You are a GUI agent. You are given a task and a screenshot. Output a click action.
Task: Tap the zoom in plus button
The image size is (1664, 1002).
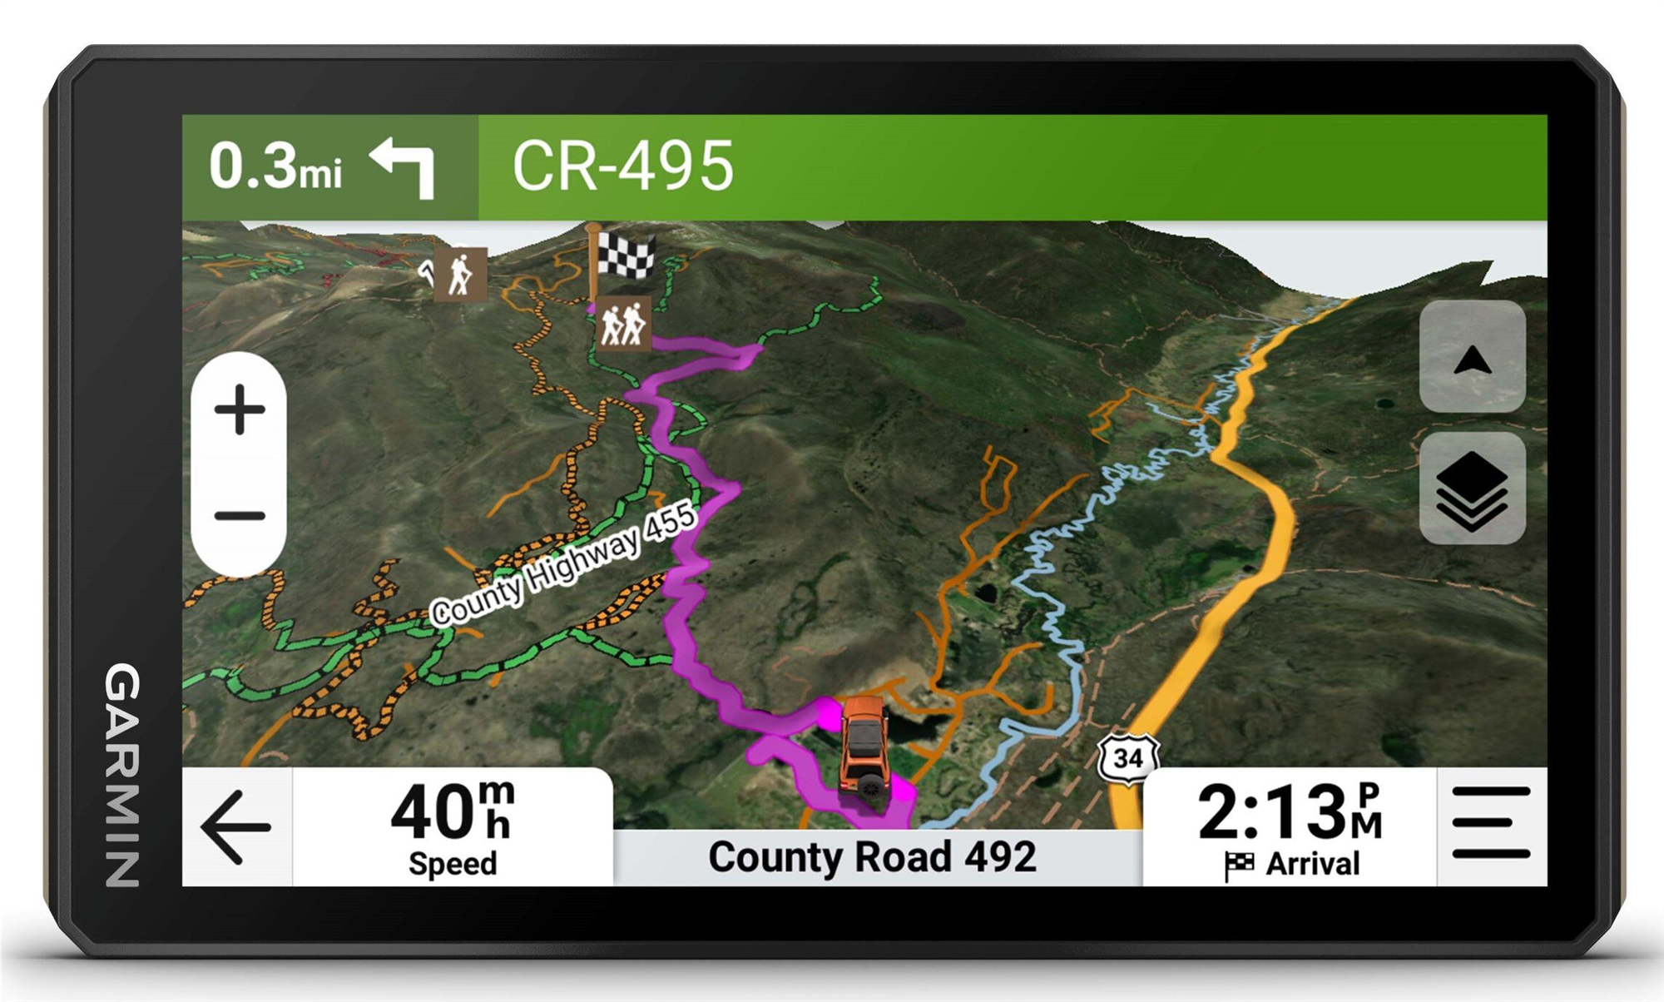tap(240, 409)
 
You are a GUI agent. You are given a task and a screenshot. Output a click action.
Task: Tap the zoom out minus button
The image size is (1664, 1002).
tap(240, 516)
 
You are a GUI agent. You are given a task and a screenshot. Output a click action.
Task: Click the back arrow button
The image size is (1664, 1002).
tap(235, 826)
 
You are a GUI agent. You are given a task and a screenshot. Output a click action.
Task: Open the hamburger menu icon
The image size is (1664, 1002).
tap(1491, 823)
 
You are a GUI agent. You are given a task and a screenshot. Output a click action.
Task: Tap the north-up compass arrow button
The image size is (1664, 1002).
tap(1472, 360)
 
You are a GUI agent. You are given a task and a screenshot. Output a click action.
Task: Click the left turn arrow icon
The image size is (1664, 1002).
tap(404, 166)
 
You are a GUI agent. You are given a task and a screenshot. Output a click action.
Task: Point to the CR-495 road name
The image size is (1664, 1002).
tap(622, 166)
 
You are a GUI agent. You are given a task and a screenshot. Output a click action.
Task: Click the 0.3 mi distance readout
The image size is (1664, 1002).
tap(275, 166)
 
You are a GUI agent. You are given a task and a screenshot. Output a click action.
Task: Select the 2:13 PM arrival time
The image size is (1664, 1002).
tap(1289, 811)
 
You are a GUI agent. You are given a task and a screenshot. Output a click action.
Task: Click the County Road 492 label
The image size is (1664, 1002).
tap(872, 857)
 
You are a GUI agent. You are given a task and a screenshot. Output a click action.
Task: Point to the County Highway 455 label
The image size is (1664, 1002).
tap(563, 564)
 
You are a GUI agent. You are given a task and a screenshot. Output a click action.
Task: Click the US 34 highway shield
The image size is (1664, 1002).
tap(1127, 757)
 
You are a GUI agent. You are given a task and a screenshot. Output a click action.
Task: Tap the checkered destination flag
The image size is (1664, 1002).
tap(626, 255)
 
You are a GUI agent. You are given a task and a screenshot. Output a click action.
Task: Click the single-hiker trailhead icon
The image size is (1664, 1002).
tap(460, 273)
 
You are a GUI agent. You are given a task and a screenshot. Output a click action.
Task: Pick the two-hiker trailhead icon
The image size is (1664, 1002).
tap(623, 325)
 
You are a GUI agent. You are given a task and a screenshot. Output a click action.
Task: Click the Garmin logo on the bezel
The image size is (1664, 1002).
tap(122, 774)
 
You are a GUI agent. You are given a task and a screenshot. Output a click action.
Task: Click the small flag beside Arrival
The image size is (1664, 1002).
tap(1239, 866)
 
